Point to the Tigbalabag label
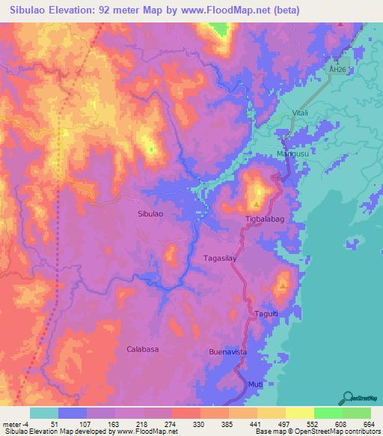coord(266,219)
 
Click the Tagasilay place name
coord(220,258)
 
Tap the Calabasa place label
coord(142,349)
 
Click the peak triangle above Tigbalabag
coord(257,203)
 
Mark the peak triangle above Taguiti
coord(283,285)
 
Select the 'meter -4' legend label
coord(16,425)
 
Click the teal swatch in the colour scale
coord(44,413)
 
